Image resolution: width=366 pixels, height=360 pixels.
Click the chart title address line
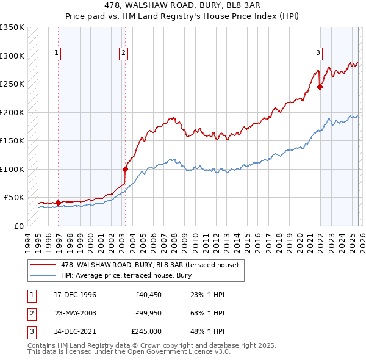(x=182, y=7)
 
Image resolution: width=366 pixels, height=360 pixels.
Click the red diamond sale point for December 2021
(x=320, y=87)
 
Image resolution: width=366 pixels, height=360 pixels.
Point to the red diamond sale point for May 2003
(x=125, y=169)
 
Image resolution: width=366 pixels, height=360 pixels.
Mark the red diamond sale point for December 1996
(x=59, y=203)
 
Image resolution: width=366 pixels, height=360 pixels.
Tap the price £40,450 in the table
(x=148, y=295)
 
